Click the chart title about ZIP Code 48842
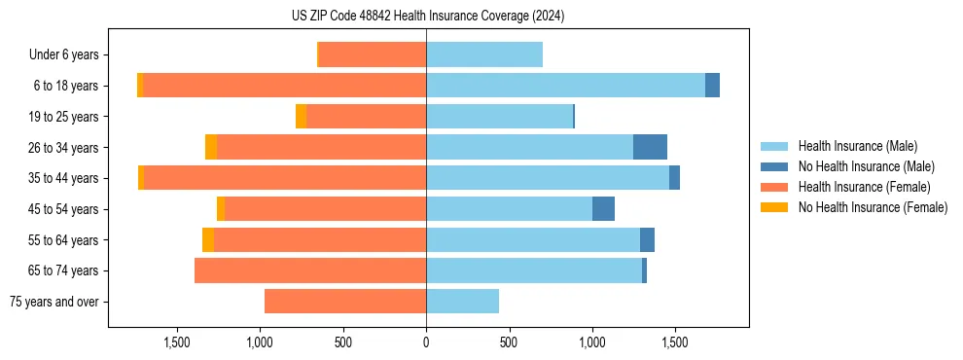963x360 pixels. (428, 16)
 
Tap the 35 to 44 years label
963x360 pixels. (63, 178)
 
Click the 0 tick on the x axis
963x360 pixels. (426, 342)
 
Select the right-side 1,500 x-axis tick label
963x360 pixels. (675, 342)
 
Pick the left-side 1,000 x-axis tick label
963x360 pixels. (260, 342)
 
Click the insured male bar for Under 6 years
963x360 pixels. (484, 55)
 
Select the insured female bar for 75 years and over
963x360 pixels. (345, 302)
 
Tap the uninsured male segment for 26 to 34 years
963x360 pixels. (650, 147)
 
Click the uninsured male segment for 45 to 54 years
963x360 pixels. (603, 209)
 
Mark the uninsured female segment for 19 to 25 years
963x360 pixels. (302, 117)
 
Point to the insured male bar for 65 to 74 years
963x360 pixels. (534, 270)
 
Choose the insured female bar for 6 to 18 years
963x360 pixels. (284, 86)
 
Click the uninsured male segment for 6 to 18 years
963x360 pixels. (712, 86)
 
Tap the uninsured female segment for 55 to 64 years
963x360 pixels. (208, 240)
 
